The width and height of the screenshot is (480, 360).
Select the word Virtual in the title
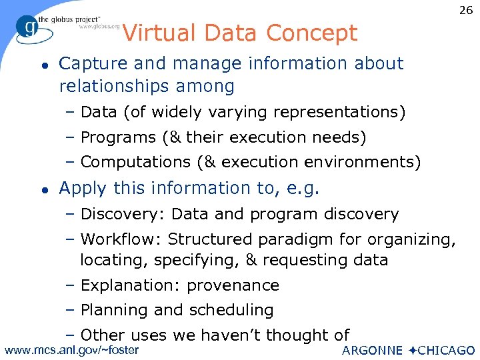(x=158, y=33)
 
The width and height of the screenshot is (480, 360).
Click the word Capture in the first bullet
(x=92, y=64)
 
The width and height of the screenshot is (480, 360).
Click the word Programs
(x=117, y=138)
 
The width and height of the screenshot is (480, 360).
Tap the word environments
(x=361, y=162)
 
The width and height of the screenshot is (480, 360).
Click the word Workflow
(x=120, y=239)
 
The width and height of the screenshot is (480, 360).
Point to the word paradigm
(x=300, y=239)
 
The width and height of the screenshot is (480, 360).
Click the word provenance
(x=233, y=286)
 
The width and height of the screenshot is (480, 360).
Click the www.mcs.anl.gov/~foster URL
(x=72, y=350)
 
